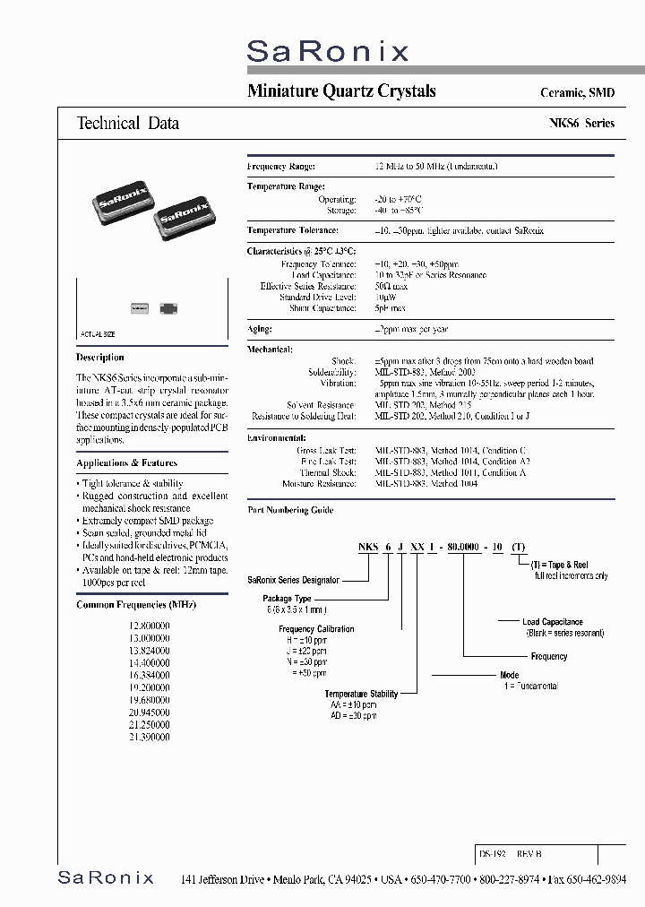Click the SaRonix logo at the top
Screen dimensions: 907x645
pos(327,51)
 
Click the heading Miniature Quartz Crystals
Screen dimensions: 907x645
pos(341,91)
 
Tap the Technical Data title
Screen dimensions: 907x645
pos(128,124)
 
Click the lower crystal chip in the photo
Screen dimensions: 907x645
pos(186,220)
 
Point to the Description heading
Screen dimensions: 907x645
pos(100,357)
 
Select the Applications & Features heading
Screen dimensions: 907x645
pos(126,462)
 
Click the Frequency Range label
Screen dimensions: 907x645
pos(280,167)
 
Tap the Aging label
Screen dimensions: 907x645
pos(259,329)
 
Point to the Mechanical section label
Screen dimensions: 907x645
pos(270,349)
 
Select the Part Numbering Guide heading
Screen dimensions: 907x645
pos(290,510)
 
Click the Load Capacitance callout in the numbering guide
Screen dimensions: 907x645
pos(553,622)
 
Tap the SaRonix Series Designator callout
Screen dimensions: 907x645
pos(293,580)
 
